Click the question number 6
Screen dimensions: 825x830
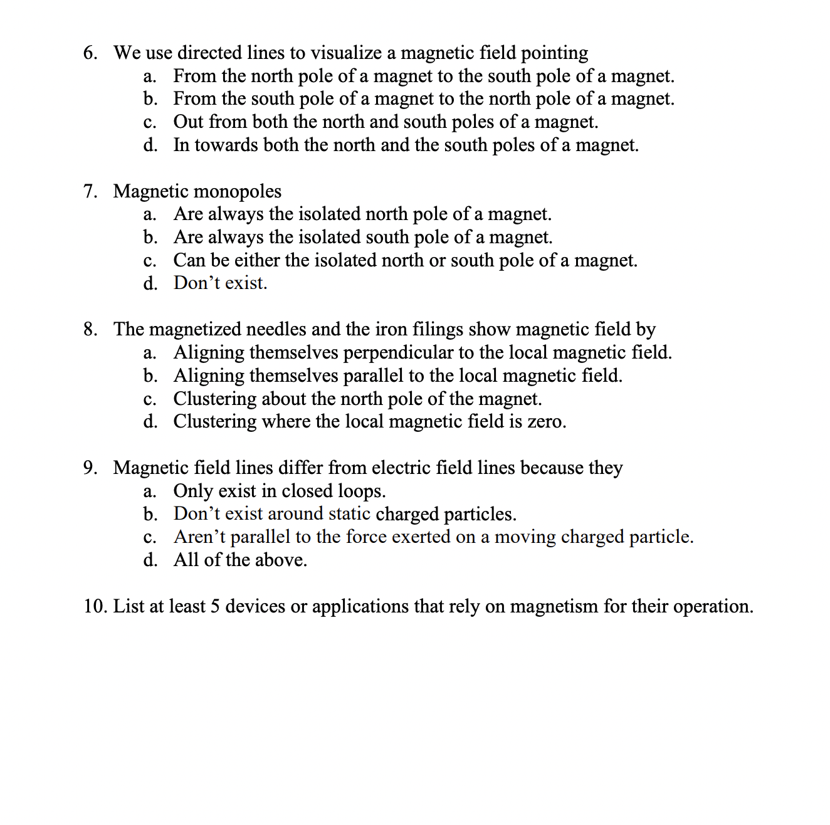(90, 53)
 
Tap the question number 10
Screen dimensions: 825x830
(95, 606)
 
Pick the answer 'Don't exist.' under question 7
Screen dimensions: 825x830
(220, 283)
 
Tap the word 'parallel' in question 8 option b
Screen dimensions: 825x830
(373, 376)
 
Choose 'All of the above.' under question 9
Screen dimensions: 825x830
(240, 560)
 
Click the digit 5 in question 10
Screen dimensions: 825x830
(214, 606)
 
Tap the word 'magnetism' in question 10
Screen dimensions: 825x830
(554, 606)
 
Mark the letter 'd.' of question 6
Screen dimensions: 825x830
(150, 145)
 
